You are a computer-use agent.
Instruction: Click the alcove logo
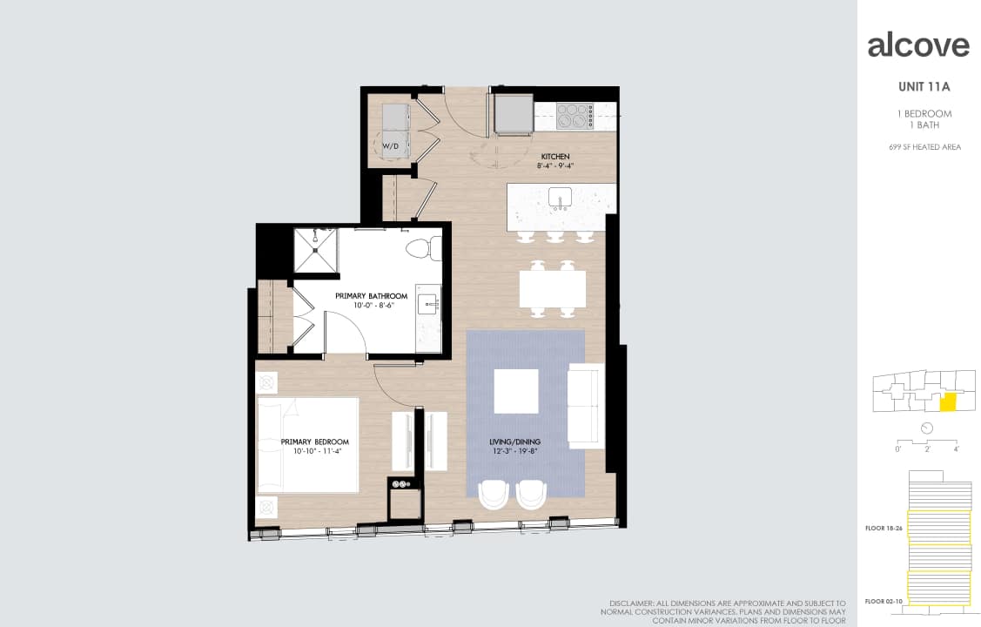[x=918, y=45]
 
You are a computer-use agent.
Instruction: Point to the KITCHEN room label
[x=554, y=157]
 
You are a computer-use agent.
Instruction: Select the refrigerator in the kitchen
[x=514, y=113]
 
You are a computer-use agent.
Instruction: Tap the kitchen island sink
[x=561, y=199]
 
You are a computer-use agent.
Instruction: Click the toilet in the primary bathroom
[x=424, y=247]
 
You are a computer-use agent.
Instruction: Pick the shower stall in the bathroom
[x=315, y=250]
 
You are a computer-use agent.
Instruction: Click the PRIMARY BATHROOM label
[x=371, y=296]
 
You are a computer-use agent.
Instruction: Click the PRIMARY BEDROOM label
[x=314, y=442]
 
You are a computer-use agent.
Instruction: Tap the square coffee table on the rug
[x=516, y=391]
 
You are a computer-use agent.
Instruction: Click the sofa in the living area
[x=586, y=406]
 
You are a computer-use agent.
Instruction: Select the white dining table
[x=553, y=288]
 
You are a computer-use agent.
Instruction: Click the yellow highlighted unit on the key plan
[x=949, y=402]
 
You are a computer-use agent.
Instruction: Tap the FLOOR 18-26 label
[x=881, y=528]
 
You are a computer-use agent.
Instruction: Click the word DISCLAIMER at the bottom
[x=633, y=603]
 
